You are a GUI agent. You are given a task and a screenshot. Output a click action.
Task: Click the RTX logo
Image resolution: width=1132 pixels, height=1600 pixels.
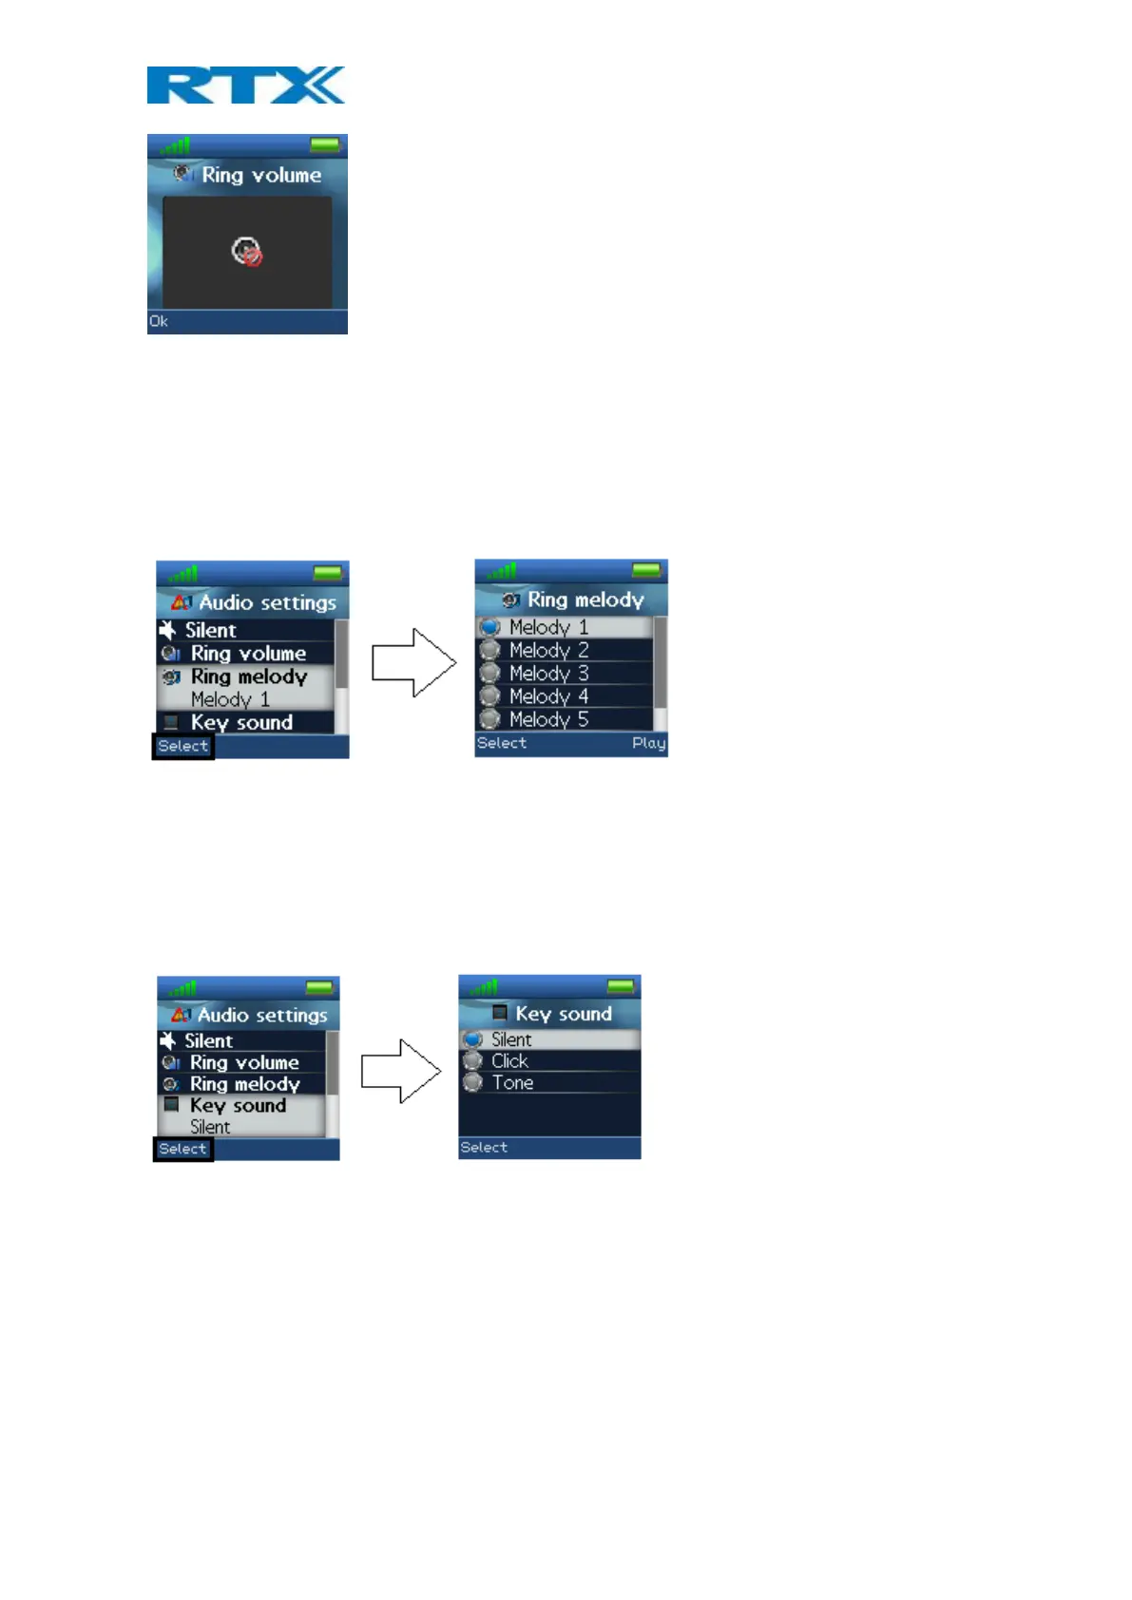tap(245, 85)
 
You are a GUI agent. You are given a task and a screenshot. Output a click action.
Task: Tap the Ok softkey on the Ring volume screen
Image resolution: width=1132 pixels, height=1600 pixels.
tap(159, 321)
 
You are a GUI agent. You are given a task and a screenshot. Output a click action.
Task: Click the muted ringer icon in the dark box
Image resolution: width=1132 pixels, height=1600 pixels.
tap(247, 252)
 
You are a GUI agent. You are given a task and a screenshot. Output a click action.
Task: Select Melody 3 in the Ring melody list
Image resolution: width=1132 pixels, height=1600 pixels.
tap(548, 674)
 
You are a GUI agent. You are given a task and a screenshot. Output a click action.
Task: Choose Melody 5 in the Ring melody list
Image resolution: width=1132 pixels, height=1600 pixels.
tap(548, 719)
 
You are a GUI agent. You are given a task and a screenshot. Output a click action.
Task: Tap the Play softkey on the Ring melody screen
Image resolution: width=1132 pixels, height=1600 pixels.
tap(648, 743)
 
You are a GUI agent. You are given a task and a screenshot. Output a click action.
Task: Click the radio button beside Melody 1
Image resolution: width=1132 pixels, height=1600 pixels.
tap(489, 627)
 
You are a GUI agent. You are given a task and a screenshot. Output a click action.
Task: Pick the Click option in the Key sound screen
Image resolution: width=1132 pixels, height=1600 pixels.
tap(509, 1061)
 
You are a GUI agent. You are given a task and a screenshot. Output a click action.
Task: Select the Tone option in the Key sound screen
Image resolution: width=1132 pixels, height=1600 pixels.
tap(512, 1083)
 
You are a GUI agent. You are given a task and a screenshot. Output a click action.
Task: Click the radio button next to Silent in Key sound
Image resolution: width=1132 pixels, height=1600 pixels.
tap(472, 1039)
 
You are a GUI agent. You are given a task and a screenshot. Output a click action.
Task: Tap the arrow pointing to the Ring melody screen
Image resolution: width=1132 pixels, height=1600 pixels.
tap(413, 662)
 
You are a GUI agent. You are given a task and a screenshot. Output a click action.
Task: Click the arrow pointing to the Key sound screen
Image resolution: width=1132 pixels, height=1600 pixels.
tap(401, 1071)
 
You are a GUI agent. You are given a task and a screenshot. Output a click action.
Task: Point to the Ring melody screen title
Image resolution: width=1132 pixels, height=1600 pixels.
tap(585, 600)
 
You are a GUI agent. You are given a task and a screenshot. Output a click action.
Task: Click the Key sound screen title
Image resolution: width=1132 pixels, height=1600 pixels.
tap(563, 1014)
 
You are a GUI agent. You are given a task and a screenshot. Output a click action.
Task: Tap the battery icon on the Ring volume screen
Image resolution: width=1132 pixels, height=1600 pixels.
tap(325, 144)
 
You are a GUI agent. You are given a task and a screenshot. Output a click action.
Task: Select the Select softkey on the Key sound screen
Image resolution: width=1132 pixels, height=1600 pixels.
tap(484, 1148)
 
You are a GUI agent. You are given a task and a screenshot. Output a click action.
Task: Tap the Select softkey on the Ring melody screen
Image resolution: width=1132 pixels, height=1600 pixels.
tap(501, 743)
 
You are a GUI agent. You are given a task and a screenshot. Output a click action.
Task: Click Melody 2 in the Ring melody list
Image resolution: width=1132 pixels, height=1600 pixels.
tap(548, 651)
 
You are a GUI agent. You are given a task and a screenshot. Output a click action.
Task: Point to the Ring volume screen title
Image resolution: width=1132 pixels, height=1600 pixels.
tap(260, 175)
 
